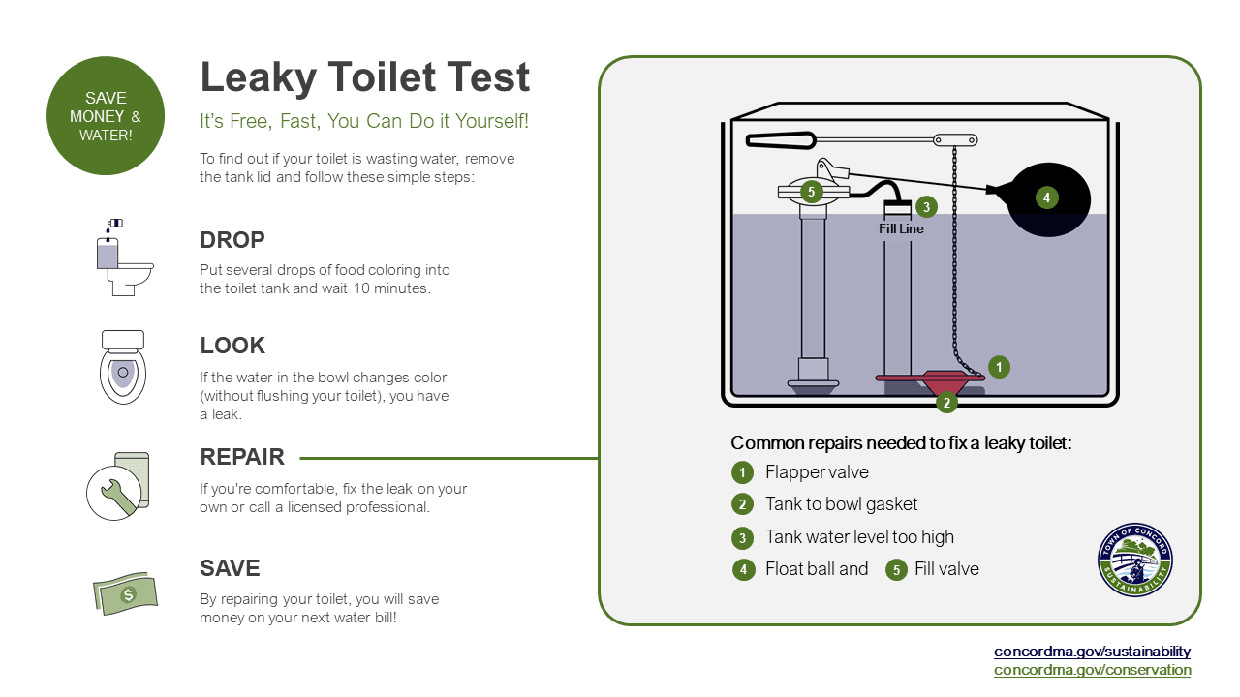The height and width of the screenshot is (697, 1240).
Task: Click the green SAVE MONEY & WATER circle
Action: tap(106, 116)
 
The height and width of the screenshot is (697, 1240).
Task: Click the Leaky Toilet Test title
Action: tap(364, 77)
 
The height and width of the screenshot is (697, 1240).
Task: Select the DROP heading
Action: tap(232, 240)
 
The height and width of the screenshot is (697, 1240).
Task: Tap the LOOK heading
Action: tap(232, 346)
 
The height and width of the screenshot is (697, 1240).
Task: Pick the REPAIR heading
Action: tap(242, 457)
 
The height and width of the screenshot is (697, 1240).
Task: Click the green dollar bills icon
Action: tap(124, 592)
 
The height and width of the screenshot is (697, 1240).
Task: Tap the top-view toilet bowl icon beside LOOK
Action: tap(123, 367)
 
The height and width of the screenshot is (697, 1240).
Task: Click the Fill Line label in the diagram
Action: tap(901, 229)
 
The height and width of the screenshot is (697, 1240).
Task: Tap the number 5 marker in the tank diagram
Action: tap(812, 192)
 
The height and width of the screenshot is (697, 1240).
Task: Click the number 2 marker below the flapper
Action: tap(946, 401)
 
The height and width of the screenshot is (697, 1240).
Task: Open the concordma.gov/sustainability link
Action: tap(1092, 652)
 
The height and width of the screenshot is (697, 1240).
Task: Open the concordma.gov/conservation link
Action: tap(1092, 670)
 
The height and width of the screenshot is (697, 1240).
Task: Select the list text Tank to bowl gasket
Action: tap(841, 504)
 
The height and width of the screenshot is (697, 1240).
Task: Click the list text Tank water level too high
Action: tap(859, 537)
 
